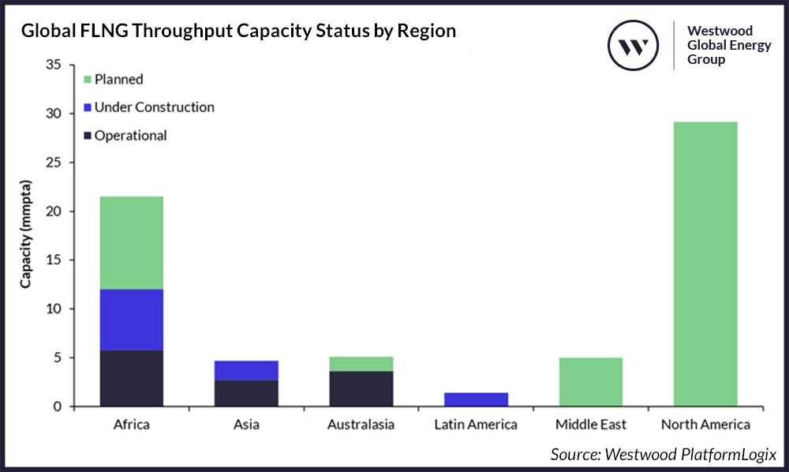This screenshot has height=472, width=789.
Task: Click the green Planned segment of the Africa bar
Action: click(x=132, y=242)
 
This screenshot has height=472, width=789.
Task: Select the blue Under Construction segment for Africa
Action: click(x=132, y=320)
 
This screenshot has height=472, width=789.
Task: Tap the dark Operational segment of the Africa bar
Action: click(x=132, y=378)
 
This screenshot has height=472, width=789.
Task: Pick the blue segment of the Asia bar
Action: click(x=246, y=370)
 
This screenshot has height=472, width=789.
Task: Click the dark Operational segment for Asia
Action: click(x=246, y=393)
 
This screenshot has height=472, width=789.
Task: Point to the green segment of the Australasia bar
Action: click(x=361, y=363)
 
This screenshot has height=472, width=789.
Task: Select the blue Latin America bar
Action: click(x=476, y=399)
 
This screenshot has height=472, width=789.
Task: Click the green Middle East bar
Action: click(x=591, y=382)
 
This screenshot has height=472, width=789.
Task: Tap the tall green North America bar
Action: click(x=705, y=264)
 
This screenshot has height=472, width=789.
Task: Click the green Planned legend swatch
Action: click(x=88, y=79)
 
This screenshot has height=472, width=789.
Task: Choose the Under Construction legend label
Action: click(x=154, y=107)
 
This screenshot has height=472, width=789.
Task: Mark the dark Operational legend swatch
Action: click(x=88, y=136)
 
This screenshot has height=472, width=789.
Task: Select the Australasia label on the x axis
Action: click(x=361, y=425)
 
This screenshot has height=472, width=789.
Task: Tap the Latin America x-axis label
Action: click(x=476, y=425)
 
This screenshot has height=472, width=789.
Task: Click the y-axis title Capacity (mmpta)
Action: click(x=27, y=236)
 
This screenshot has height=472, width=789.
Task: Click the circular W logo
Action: click(x=633, y=45)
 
